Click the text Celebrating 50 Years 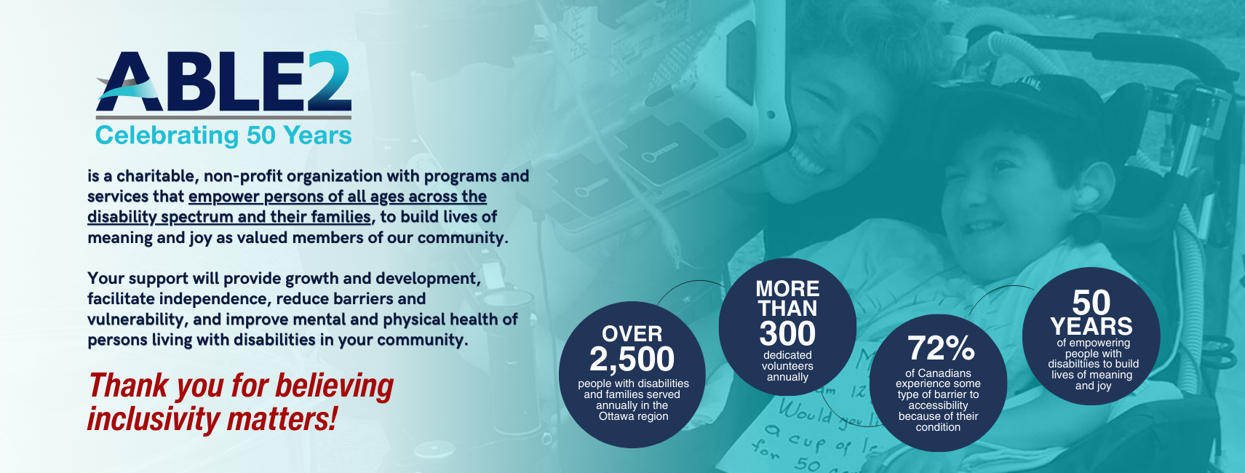point(223,135)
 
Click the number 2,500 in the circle point(632,359)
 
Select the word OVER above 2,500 point(632,334)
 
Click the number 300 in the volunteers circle point(787,333)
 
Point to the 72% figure point(941,349)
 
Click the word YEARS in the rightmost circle point(1091,326)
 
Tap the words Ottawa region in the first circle point(633,416)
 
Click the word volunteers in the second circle point(787,366)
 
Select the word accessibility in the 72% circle point(938,406)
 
